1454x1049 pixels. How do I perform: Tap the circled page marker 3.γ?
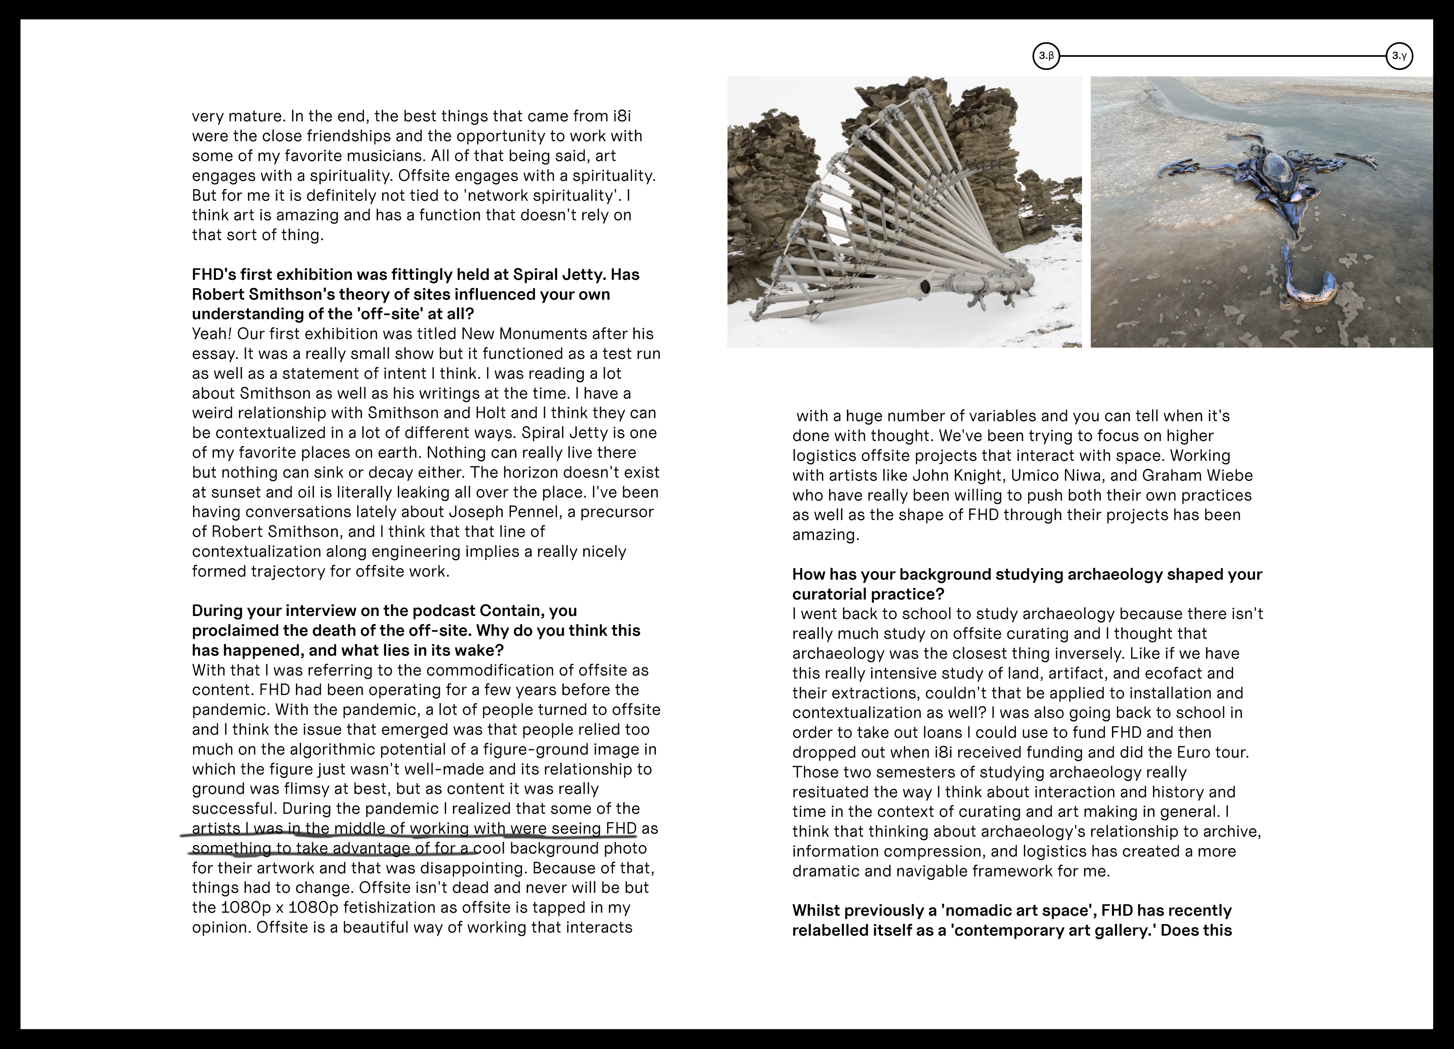click(1399, 56)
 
